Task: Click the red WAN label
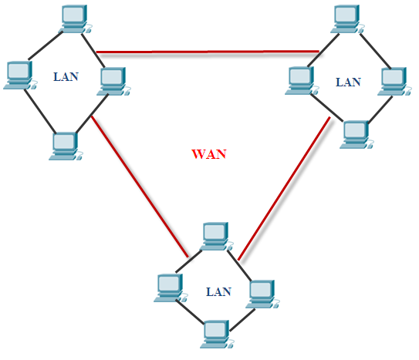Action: pyautogui.click(x=208, y=153)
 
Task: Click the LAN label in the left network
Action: pyautogui.click(x=65, y=77)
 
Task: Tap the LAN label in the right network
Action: pyautogui.click(x=349, y=82)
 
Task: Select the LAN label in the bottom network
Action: pyautogui.click(x=219, y=292)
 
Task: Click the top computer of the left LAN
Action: pyautogui.click(x=74, y=19)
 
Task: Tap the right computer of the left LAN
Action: pyautogui.click(x=113, y=79)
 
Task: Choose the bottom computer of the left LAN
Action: pyautogui.click(x=65, y=145)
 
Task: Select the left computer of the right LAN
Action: pyautogui.click(x=299, y=79)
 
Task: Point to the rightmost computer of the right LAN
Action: pyautogui.click(x=394, y=79)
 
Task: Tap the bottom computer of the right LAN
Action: pyautogui.click(x=355, y=133)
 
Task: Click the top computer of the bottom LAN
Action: pyautogui.click(x=215, y=235)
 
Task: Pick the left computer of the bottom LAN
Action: pyautogui.click(x=168, y=288)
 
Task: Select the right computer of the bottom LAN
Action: pyautogui.click(x=261, y=291)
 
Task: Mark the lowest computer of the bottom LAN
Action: pyautogui.click(x=215, y=334)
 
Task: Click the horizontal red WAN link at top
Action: pyautogui.click(x=208, y=52)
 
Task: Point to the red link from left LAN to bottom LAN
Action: pyautogui.click(x=139, y=185)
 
